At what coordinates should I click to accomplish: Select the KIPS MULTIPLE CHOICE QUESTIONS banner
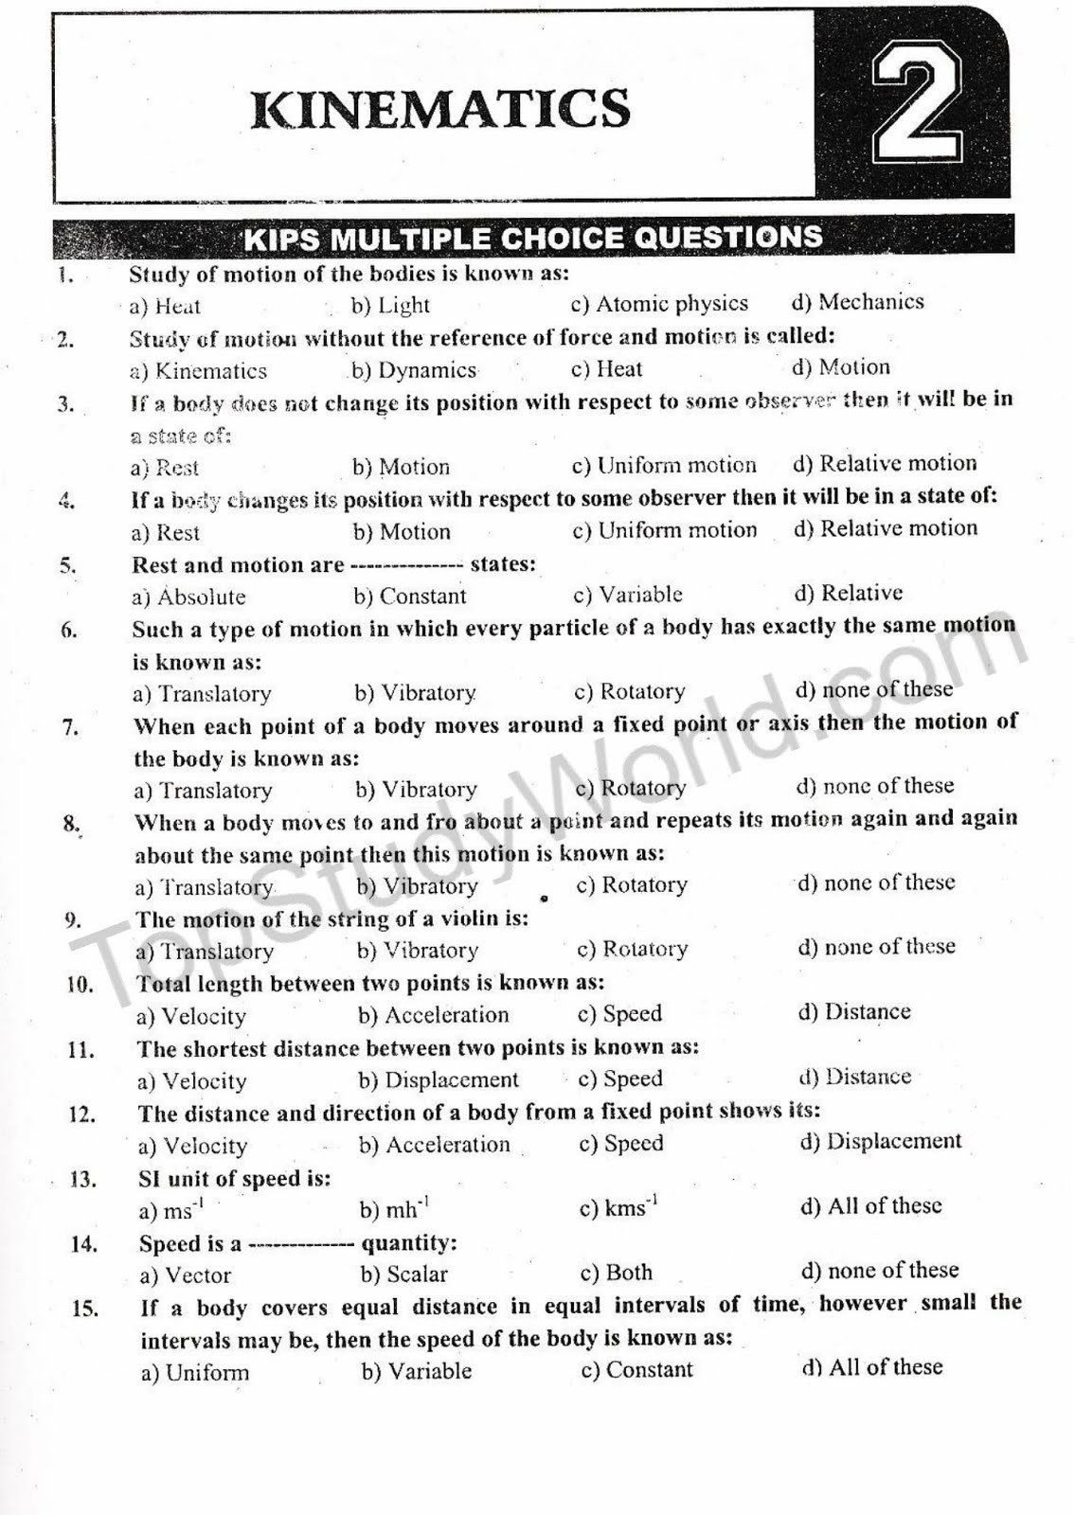(533, 237)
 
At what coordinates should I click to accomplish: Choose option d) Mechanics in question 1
(858, 302)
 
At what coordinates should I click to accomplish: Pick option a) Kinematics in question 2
(199, 371)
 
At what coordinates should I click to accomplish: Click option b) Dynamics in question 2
(414, 370)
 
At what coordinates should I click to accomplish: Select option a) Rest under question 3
(165, 468)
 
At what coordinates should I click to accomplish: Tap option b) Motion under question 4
(402, 532)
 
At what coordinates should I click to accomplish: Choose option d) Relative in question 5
(849, 594)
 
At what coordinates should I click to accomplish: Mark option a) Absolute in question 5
(188, 597)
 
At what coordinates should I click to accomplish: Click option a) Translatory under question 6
(202, 694)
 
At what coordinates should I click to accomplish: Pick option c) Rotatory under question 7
(631, 788)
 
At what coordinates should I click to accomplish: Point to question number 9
(73, 920)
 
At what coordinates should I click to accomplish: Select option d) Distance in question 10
(854, 1012)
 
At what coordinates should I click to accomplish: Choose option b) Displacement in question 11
(439, 1080)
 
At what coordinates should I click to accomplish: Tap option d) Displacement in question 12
(881, 1142)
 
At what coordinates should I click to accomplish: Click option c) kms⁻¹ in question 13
(618, 1208)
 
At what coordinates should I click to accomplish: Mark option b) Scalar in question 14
(404, 1274)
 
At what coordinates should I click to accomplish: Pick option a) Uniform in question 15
(195, 1373)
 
